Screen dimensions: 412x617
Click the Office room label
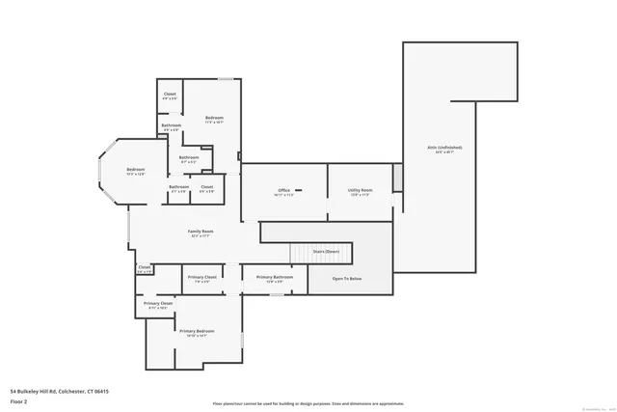click(x=284, y=190)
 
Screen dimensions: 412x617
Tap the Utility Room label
click(x=361, y=190)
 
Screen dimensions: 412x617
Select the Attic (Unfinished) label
click(x=445, y=148)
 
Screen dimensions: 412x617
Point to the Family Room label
click(x=201, y=231)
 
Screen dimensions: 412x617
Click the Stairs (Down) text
click(x=326, y=251)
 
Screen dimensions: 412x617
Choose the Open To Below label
click(x=347, y=278)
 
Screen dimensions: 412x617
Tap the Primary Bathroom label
click(x=274, y=277)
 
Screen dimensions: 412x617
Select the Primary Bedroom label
click(x=196, y=330)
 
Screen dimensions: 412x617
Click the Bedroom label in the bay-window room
click(x=135, y=170)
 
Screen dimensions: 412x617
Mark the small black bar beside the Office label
click(x=299, y=190)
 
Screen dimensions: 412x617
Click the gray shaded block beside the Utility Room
click(x=396, y=179)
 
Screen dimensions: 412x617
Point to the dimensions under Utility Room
click(x=361, y=195)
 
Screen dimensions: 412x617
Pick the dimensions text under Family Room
click(x=201, y=235)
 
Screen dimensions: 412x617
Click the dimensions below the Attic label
click(x=445, y=152)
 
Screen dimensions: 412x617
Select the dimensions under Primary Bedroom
click(x=196, y=335)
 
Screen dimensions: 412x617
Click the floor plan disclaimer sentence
click(x=308, y=403)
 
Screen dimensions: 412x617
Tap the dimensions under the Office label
click(x=284, y=195)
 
